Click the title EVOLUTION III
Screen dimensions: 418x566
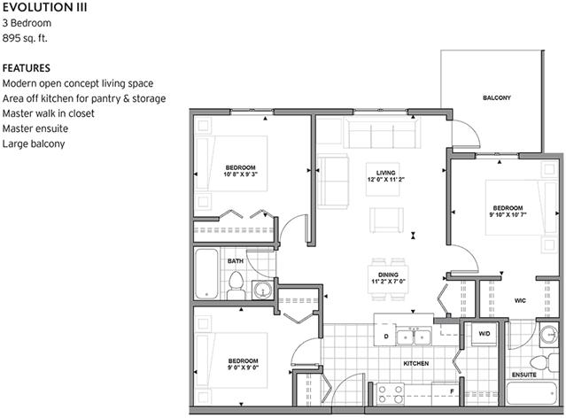[37, 8]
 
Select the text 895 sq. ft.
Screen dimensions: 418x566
[26, 38]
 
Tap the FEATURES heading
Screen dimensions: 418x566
[26, 68]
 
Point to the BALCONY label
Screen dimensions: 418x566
[498, 97]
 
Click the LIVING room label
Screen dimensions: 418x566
[385, 173]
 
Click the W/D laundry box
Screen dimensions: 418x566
[485, 334]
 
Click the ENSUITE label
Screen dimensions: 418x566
[523, 375]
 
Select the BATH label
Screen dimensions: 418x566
[235, 261]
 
